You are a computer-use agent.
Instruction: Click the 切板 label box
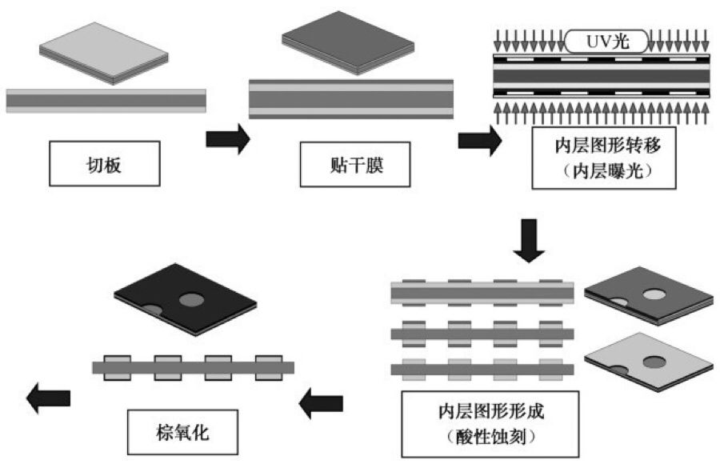107,164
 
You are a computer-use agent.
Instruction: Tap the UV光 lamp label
607,41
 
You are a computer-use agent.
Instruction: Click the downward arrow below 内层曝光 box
528,241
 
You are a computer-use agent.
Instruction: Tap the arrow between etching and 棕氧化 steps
320,405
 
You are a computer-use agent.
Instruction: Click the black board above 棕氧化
185,298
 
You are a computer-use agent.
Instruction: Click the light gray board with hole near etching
648,361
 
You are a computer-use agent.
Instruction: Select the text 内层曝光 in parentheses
598,170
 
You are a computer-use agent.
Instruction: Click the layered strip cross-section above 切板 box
106,100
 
